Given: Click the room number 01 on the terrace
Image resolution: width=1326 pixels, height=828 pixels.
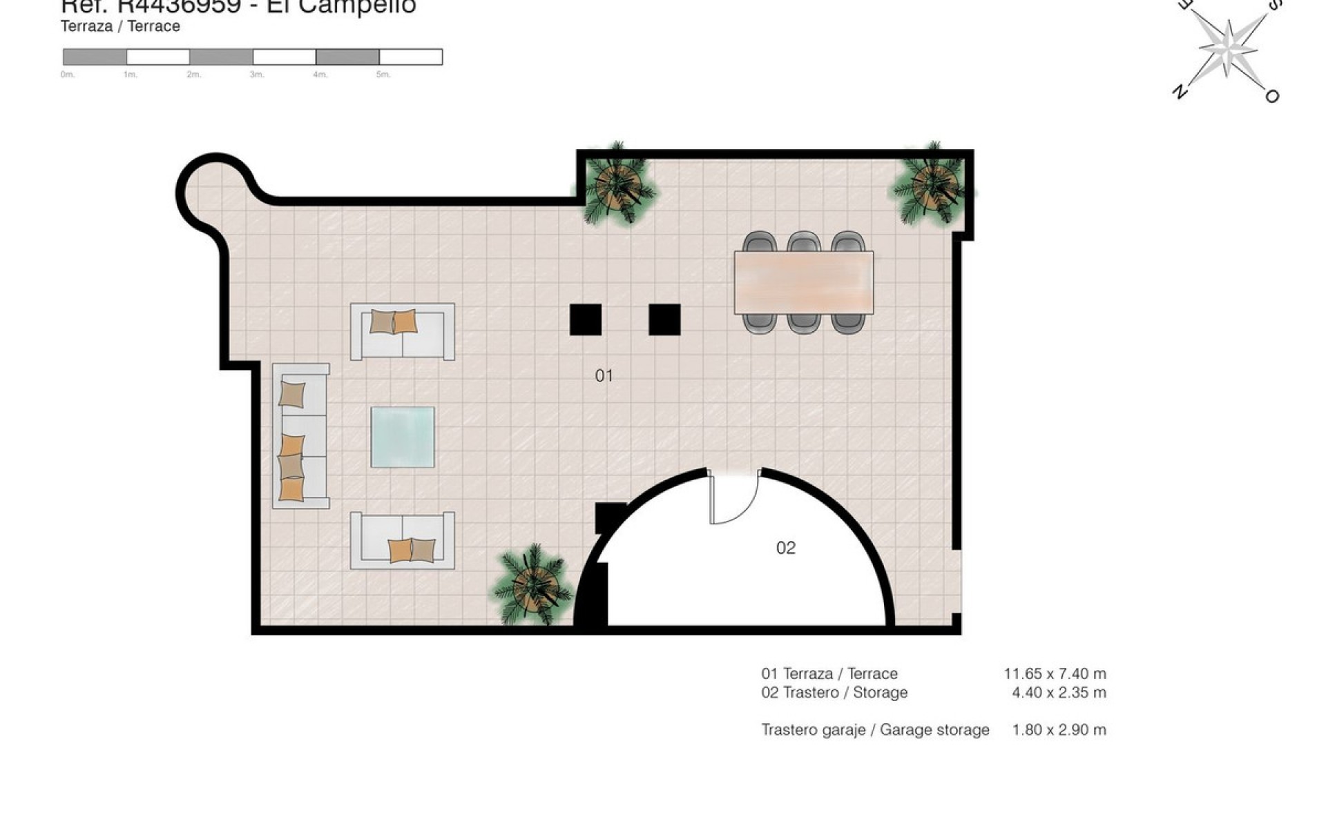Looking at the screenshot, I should pos(604,375).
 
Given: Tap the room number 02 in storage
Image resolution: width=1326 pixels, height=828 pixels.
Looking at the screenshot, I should pos(786,548).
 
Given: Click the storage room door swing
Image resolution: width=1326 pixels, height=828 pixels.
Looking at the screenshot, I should pos(734,498).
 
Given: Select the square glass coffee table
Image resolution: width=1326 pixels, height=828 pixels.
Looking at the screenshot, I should pos(403,437).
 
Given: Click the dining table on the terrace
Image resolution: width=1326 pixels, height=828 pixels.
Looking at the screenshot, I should pos(803,282).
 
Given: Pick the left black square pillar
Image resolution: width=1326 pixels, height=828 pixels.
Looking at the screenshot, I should pos(585,319).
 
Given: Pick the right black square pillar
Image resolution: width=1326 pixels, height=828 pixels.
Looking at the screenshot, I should pos(664,319).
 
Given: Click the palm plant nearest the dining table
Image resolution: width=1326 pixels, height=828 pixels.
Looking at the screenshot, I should pos(932,185).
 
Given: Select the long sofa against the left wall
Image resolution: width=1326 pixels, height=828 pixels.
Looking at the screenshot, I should pos(301,436).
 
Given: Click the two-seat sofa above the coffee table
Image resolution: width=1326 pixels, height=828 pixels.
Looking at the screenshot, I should pos(403,331).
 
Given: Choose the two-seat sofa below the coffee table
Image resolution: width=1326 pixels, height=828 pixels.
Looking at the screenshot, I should pos(403,540).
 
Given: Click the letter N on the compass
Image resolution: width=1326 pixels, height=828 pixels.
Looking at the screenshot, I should pos(1180,91).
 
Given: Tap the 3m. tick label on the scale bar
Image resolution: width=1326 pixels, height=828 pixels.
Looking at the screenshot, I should pos(257,75).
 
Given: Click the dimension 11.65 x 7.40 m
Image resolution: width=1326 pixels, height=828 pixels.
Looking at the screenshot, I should pos(1055,673).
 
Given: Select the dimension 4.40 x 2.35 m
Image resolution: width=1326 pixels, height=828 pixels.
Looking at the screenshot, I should pos(1059,692).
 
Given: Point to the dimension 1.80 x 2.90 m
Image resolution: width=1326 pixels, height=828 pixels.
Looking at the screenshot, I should pos(1059,729).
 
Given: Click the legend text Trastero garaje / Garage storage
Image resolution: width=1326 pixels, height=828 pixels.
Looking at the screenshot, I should pos(875,729).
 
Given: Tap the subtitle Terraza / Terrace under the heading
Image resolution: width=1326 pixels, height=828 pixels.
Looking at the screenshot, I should pos(120,26).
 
